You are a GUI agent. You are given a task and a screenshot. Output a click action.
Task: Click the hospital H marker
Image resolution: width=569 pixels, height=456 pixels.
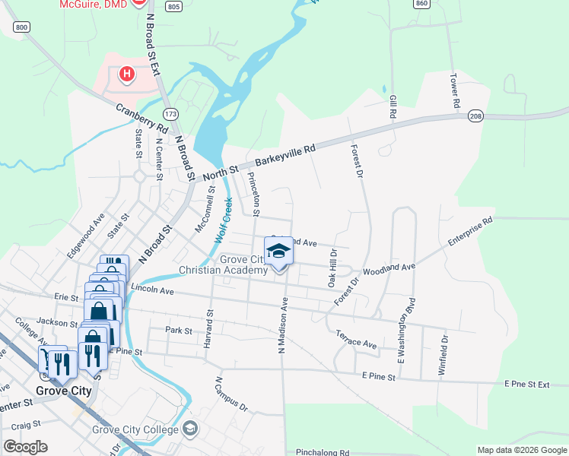click(x=127, y=74)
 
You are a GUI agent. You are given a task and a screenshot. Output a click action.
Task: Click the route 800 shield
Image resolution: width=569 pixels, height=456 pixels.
click(x=21, y=27)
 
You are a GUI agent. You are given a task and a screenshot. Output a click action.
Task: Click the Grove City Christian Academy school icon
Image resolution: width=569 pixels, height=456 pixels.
click(x=278, y=252)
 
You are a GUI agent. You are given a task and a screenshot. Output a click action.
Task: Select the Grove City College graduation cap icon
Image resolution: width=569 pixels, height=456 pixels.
click(x=189, y=429)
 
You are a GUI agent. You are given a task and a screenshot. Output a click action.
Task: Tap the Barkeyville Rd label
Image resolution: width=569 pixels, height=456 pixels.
click(x=285, y=157)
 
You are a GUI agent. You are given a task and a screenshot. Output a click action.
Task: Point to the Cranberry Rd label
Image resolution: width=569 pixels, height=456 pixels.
click(x=141, y=116)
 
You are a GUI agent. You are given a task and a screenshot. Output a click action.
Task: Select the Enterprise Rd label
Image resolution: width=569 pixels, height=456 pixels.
click(x=470, y=232)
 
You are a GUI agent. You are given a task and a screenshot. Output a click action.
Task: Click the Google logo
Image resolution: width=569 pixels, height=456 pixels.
click(x=25, y=447)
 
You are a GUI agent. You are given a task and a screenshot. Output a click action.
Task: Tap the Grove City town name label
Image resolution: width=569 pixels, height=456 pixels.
click(x=64, y=391)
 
